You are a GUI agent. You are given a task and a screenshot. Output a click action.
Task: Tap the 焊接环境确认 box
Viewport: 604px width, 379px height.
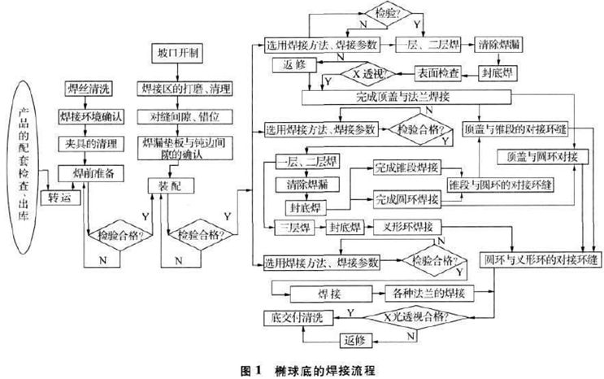click(89, 115)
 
